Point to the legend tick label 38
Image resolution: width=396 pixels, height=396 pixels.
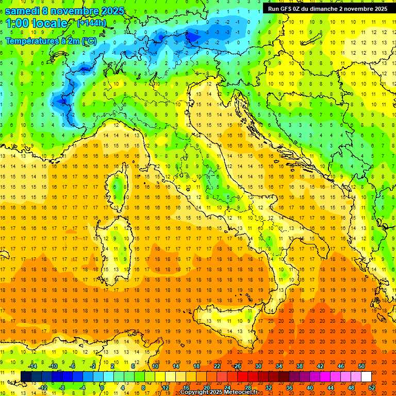tap(300, 366)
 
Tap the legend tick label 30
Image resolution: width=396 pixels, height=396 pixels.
tap(258, 366)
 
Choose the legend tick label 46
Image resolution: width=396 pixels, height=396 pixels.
tap(341, 366)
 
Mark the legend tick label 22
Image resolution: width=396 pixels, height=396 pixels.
tap(217, 366)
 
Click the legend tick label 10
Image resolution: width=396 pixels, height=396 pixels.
tap(155, 366)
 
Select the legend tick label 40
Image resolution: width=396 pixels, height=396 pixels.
tap(309, 388)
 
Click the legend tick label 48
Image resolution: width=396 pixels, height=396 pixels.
tap(351, 388)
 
